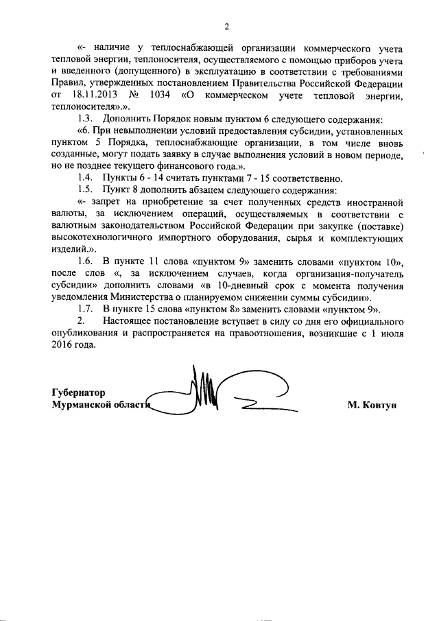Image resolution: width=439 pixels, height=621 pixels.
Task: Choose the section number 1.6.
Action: (x=85, y=263)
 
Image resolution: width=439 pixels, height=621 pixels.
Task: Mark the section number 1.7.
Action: (x=85, y=310)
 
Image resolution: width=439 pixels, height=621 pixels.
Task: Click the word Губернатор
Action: (x=79, y=393)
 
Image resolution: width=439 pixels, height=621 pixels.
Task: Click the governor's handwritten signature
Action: (x=219, y=395)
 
